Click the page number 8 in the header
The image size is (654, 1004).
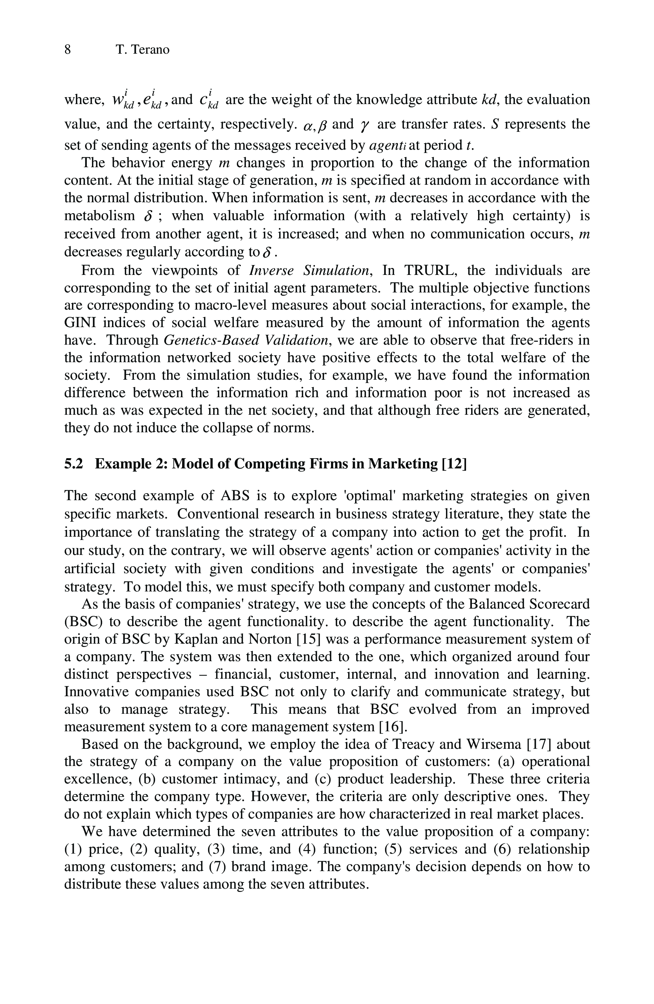pyautogui.click(x=68, y=50)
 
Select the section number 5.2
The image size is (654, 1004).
pyautogui.click(x=73, y=464)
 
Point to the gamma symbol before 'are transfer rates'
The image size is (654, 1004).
pyautogui.click(x=363, y=125)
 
